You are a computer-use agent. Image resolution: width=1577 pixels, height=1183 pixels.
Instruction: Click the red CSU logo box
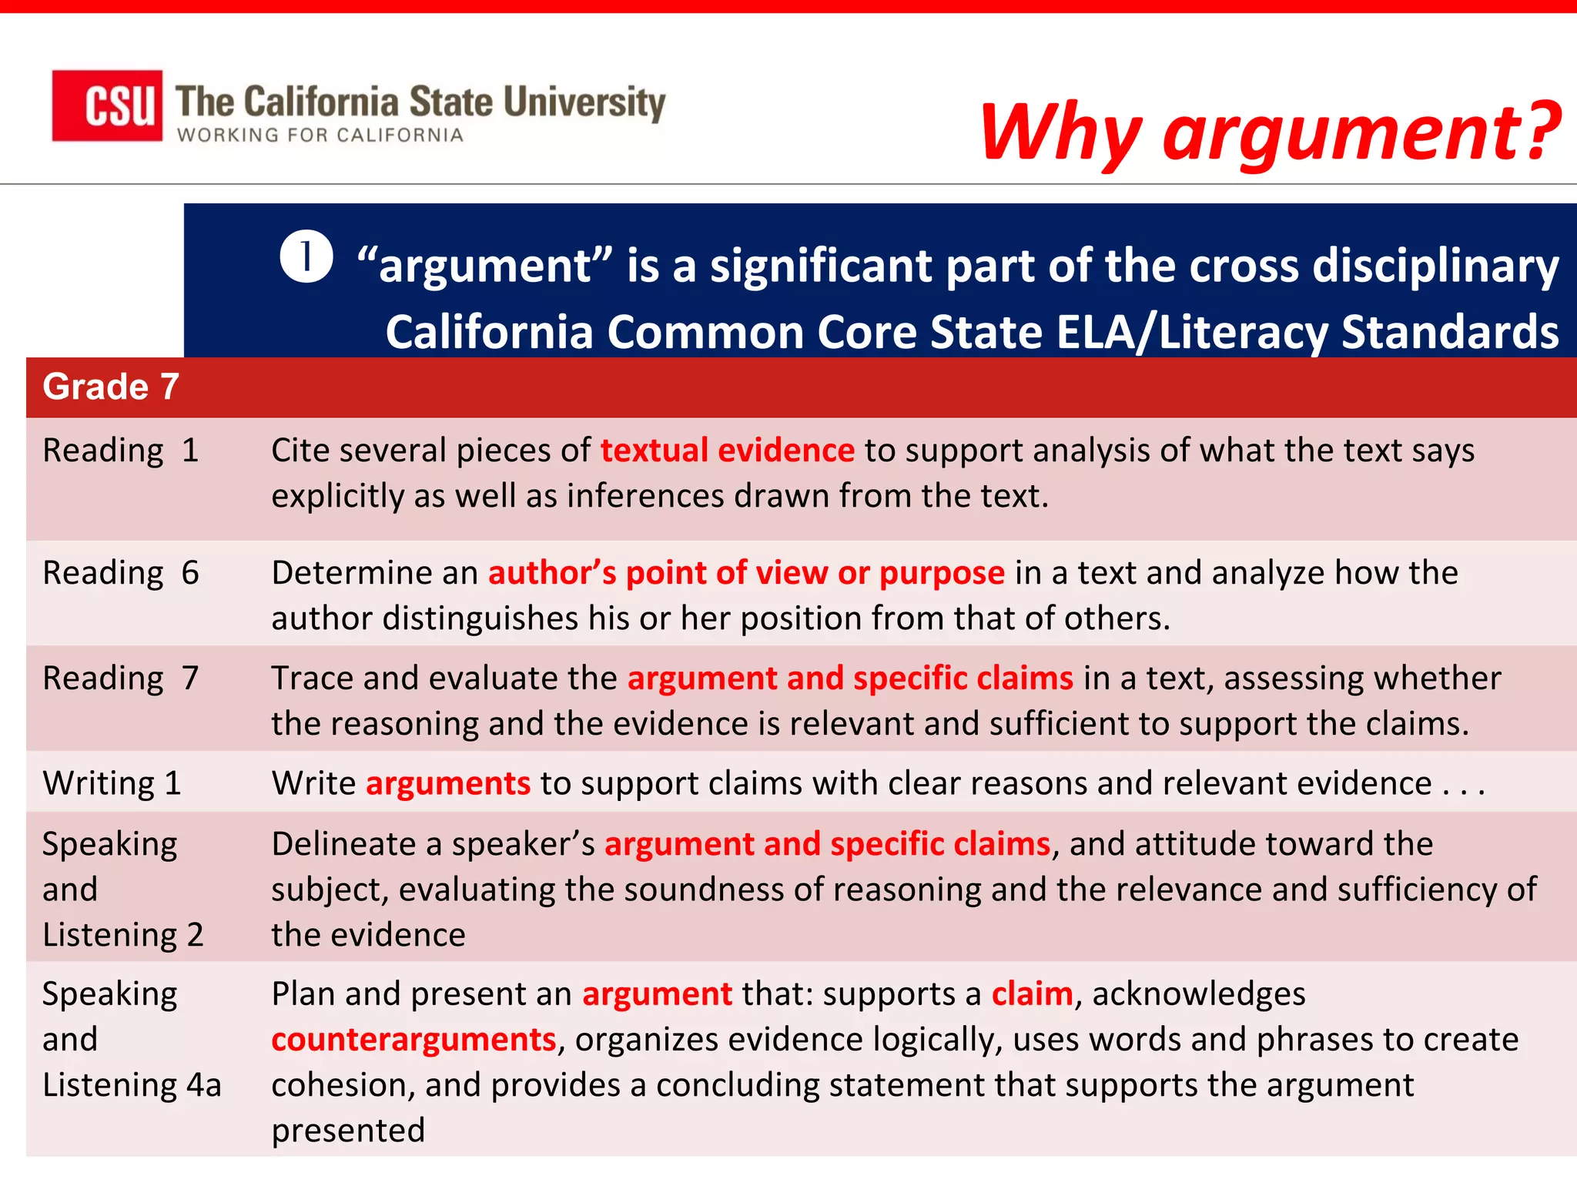pos(107,106)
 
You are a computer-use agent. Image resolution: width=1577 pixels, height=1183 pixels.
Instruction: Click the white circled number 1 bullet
pos(306,256)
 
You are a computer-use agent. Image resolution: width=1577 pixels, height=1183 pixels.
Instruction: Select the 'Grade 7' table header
pos(111,387)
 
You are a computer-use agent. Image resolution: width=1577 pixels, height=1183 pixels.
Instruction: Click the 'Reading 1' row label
pos(121,451)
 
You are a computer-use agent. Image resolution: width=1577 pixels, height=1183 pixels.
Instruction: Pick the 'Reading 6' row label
pos(121,573)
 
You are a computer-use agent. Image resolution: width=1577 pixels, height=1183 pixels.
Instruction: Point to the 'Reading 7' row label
pos(121,679)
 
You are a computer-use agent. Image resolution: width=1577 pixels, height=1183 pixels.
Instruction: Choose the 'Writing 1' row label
pos(112,783)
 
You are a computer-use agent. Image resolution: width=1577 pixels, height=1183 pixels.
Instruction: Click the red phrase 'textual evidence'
pos(727,451)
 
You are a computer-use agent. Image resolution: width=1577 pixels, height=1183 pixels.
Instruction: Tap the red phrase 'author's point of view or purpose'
pos(746,573)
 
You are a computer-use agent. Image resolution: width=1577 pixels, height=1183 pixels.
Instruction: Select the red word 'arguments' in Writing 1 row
pos(448,783)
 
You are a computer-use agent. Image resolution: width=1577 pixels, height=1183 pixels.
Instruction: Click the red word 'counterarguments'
pos(414,1040)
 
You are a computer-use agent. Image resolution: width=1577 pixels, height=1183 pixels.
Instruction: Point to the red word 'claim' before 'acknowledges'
pos(1032,994)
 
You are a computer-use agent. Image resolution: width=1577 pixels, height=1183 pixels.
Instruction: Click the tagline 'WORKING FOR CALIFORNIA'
pos(320,136)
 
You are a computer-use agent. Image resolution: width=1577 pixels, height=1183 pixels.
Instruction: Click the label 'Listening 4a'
pos(132,1085)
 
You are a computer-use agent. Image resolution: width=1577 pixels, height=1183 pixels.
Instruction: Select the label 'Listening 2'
pos(123,935)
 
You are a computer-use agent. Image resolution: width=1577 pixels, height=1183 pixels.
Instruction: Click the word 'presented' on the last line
pos(348,1131)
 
